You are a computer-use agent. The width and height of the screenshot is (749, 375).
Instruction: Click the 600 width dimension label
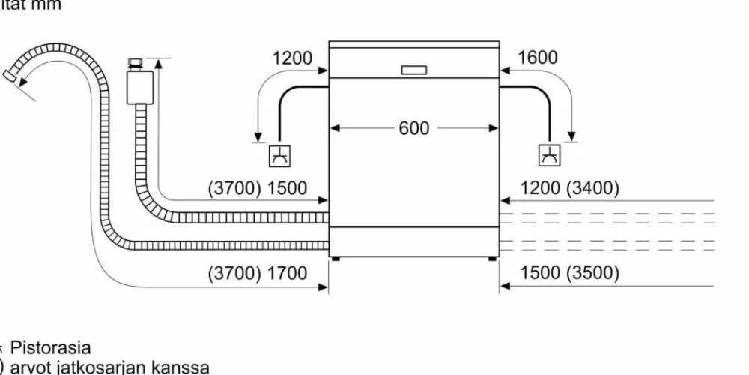[414, 128]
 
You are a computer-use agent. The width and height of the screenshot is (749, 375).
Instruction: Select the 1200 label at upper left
[292, 58]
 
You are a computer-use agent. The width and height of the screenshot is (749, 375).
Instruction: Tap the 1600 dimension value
[537, 58]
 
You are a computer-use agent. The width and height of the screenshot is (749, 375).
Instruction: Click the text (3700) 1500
[257, 188]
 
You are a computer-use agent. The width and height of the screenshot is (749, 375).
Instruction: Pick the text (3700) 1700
[257, 273]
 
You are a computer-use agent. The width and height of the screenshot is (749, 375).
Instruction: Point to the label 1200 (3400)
[569, 188]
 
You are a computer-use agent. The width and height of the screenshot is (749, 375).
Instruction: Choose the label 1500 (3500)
[569, 273]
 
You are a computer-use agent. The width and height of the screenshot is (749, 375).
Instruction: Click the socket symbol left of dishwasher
[280, 155]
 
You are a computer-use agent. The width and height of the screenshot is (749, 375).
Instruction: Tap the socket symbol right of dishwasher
[549, 155]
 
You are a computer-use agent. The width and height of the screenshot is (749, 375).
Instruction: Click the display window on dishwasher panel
[414, 70]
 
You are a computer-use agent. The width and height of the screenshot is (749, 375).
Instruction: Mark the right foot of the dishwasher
[492, 259]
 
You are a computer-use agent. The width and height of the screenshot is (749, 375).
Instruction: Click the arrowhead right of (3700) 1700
[324, 285]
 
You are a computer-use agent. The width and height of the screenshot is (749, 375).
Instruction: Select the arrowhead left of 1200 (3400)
[505, 201]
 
